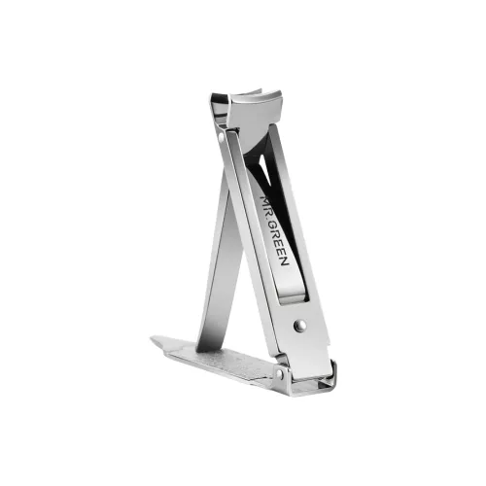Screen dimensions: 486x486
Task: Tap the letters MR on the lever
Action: [x=264, y=201]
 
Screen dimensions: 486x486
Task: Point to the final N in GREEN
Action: [x=284, y=261]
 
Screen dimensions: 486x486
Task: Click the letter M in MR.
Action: [x=263, y=197]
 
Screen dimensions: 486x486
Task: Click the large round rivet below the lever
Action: [x=298, y=326]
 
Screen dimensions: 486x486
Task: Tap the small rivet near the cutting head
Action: [x=222, y=137]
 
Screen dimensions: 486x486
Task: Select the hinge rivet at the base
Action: [x=280, y=374]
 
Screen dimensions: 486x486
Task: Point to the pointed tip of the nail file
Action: [x=151, y=338]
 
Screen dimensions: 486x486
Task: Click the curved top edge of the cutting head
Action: [x=256, y=92]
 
